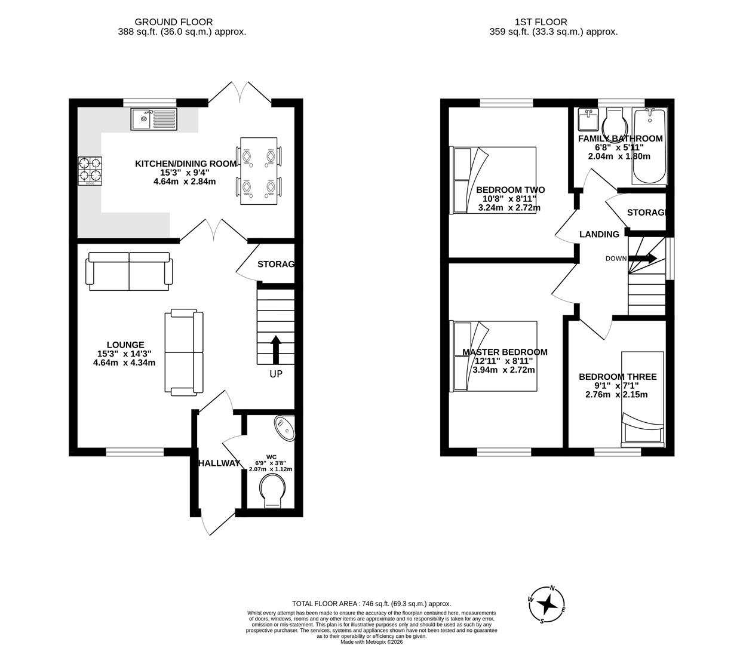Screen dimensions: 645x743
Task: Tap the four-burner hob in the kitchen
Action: [x=90, y=170]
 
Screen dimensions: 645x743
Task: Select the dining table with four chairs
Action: [x=259, y=171]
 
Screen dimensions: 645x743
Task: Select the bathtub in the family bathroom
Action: [x=648, y=147]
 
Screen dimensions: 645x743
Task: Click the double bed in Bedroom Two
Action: [x=495, y=180]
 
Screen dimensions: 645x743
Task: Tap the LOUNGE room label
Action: [x=125, y=345]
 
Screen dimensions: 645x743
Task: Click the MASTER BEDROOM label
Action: [x=505, y=352]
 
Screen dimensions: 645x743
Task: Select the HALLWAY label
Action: [x=219, y=463]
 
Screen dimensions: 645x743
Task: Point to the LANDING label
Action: [x=599, y=234]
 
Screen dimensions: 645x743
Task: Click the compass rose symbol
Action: [x=546, y=604]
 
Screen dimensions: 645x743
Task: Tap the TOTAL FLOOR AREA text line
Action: [x=371, y=604]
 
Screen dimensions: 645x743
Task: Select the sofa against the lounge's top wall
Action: [x=130, y=271]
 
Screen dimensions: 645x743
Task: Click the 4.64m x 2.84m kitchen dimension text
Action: [x=185, y=182]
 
